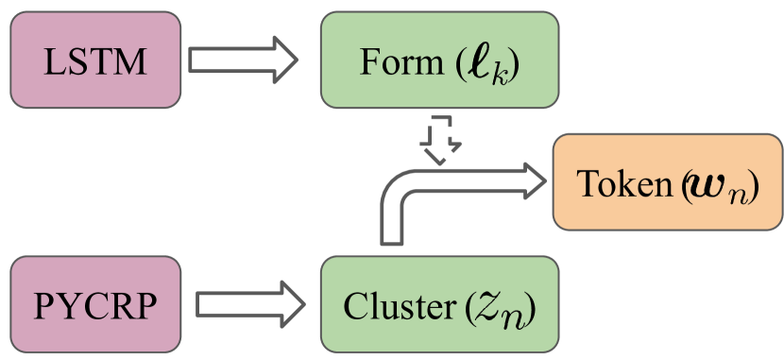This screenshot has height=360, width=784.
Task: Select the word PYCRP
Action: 95,306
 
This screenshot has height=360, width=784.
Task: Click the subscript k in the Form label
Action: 501,70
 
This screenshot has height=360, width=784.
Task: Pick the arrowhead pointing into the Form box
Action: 283,61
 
